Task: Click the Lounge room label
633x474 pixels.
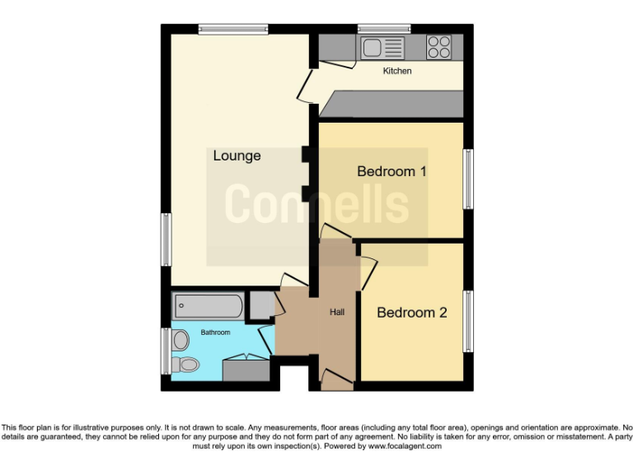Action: tap(237, 156)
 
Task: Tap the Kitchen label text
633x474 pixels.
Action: tap(396, 72)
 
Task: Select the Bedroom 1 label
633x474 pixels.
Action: tap(391, 172)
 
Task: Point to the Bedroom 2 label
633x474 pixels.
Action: tap(411, 313)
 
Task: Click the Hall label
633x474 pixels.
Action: tap(337, 313)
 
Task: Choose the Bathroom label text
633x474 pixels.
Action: tap(216, 332)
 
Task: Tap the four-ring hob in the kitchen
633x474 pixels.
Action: tap(438, 47)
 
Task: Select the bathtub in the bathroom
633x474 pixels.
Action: tap(209, 307)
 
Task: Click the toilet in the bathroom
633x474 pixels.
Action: tap(185, 364)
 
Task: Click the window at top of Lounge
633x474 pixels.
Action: tap(233, 30)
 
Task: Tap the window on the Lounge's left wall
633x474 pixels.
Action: tap(166, 239)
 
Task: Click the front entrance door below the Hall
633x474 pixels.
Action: tap(335, 381)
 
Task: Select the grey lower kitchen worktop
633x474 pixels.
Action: tap(392, 105)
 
